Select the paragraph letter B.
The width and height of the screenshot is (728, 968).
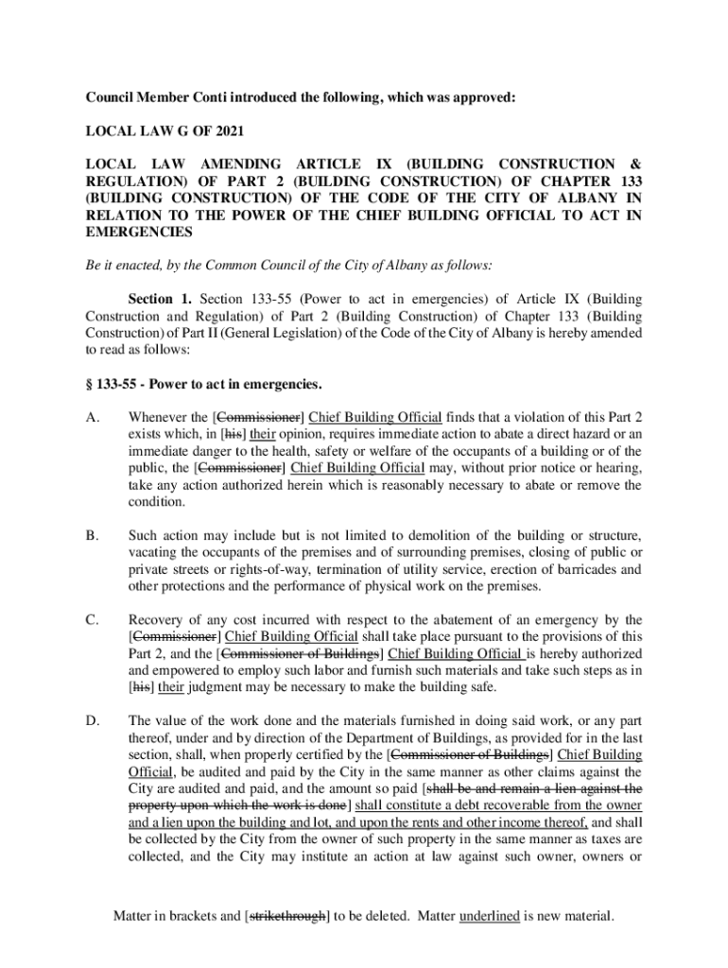click(x=92, y=536)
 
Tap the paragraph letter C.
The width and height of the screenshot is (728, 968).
click(x=92, y=620)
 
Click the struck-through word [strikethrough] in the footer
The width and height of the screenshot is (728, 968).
click(x=286, y=916)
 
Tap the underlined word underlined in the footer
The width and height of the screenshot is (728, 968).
click(x=489, y=916)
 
